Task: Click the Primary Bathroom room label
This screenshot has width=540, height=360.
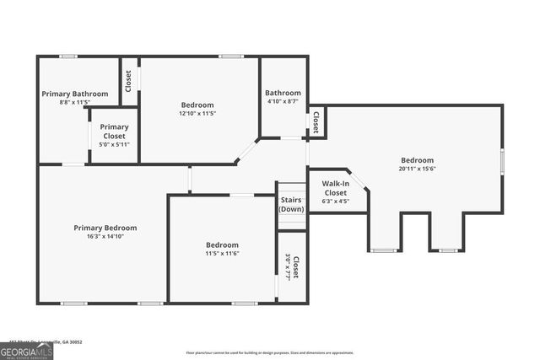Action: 75,94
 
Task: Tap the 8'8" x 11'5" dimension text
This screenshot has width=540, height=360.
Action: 75,102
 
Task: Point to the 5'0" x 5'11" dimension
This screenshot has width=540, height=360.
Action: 115,144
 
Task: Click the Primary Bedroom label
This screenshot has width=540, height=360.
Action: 105,228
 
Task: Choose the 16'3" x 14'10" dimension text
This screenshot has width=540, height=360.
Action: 105,237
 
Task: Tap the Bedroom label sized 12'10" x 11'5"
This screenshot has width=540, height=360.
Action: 197,105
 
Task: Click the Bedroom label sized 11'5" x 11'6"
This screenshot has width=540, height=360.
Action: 222,244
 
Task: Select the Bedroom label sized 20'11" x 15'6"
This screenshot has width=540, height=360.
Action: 417,160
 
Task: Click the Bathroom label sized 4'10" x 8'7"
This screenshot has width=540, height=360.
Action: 283,93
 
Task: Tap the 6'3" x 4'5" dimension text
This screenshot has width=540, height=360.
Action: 335,201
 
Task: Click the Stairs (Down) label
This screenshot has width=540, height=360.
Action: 292,204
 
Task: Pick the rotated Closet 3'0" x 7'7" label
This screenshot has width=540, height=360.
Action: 292,266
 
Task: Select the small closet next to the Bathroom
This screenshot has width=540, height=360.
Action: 316,123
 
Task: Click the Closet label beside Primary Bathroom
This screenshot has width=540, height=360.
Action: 129,81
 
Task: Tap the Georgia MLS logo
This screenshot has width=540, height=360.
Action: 26,350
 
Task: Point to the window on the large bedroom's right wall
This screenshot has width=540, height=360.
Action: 502,159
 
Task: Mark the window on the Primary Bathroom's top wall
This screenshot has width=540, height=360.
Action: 68,56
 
